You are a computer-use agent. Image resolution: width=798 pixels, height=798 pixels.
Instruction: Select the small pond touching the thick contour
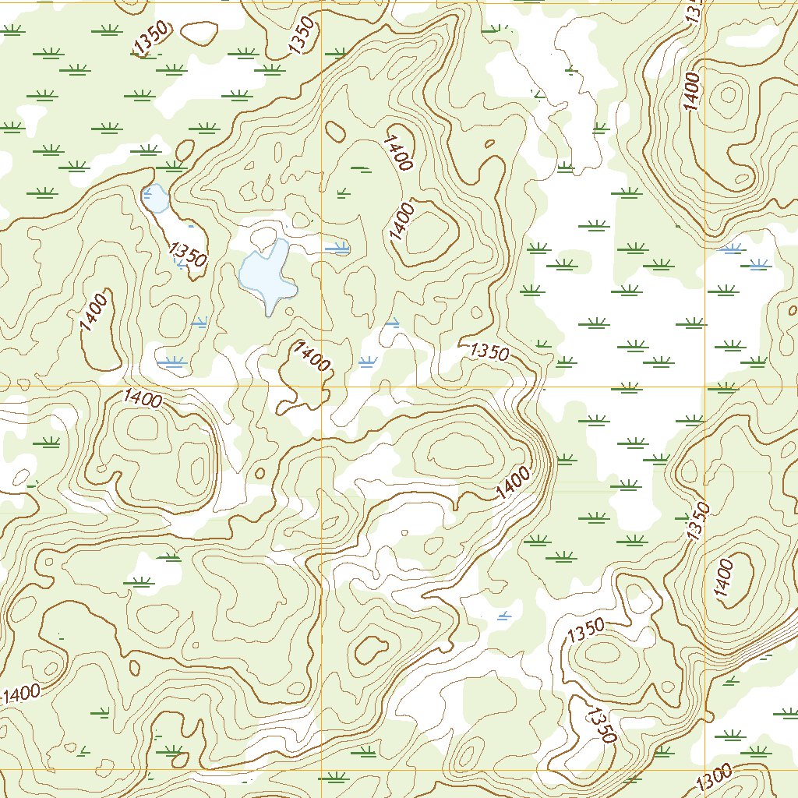pyautogui.click(x=156, y=199)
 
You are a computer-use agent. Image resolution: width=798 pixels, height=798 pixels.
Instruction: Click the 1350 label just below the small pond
pyautogui.click(x=187, y=253)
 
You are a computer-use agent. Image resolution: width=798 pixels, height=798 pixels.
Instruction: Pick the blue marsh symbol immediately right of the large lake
pyautogui.click(x=337, y=249)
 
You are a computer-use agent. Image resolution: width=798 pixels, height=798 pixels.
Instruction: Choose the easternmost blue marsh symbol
pyautogui.click(x=758, y=266)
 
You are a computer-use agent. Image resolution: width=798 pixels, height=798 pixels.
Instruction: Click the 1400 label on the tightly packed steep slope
pyautogui.click(x=512, y=484)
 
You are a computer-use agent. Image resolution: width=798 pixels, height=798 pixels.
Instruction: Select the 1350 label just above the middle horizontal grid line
pyautogui.click(x=489, y=351)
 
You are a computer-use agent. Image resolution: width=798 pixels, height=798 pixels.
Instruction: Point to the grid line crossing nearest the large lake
pyautogui.click(x=322, y=386)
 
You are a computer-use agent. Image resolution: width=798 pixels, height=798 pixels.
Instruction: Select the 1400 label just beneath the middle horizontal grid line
pyautogui.click(x=143, y=400)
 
